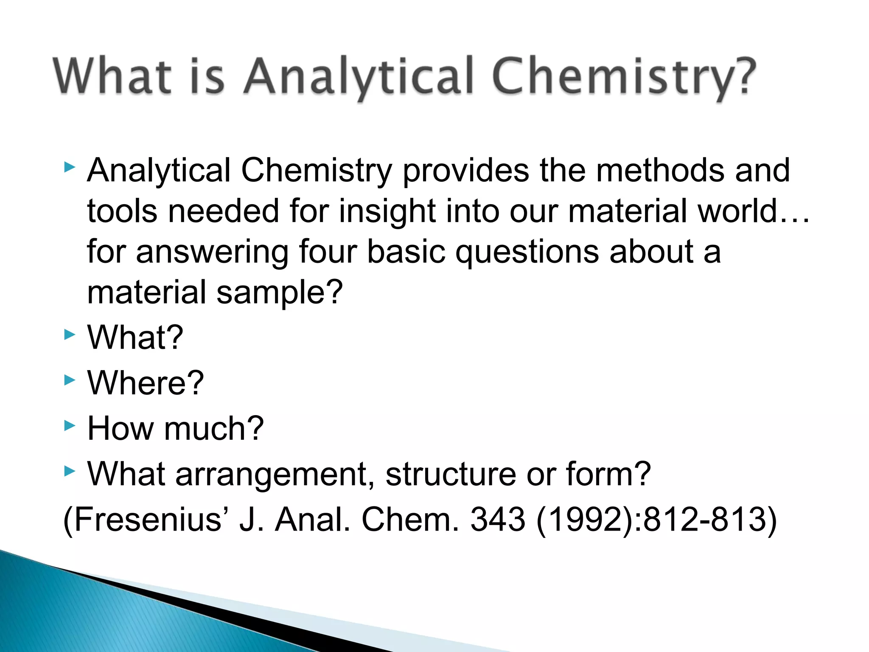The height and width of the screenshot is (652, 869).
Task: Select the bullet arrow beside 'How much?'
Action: [x=70, y=425]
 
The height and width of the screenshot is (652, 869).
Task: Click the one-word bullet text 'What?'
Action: [x=135, y=337]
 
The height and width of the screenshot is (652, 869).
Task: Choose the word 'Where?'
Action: [x=146, y=383]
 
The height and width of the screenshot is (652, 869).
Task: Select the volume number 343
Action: [x=498, y=520]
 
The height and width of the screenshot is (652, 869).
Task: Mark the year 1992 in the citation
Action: [x=586, y=520]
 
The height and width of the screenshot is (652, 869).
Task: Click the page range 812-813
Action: [x=704, y=520]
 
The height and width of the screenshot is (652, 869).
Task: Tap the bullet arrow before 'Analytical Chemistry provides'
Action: [x=70, y=167]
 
